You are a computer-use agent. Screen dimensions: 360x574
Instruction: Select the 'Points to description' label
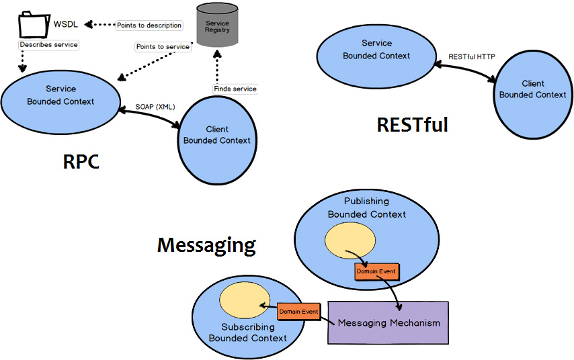[x=149, y=26]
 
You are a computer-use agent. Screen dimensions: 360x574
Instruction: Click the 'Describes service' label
[x=48, y=45]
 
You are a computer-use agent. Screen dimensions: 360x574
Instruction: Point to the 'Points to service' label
[x=162, y=47]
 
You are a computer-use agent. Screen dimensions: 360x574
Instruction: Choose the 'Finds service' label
[x=235, y=89]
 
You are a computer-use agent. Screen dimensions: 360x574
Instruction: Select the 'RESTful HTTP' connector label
[x=472, y=57]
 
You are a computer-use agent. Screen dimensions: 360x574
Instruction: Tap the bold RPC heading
[x=81, y=161]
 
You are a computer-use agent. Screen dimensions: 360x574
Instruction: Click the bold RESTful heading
[x=412, y=125]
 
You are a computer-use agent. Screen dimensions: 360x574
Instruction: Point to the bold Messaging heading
[x=206, y=245]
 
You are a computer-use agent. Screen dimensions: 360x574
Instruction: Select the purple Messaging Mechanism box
[x=388, y=322]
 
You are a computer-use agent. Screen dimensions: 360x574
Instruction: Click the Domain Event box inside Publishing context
[x=376, y=271]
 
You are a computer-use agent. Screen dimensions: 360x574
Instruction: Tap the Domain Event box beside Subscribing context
[x=299, y=312]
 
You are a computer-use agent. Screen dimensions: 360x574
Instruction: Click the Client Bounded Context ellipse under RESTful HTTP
[x=532, y=93]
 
